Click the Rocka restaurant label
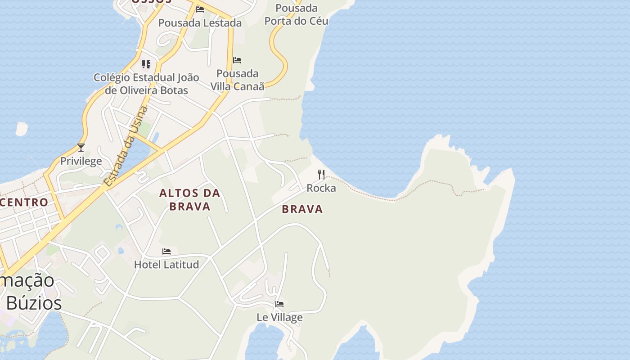coord(321,188)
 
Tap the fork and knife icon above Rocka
coord(321,175)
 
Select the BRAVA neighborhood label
coord(302,209)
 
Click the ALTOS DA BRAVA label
coord(190,200)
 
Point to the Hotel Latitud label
coord(166,265)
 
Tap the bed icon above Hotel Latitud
coord(166,251)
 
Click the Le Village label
coord(279,317)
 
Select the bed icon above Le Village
coord(279,304)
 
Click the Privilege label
coord(81,161)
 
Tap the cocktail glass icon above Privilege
coord(81,148)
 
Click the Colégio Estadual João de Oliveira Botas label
coord(146,84)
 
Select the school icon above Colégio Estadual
coord(146,64)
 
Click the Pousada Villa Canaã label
coord(237,80)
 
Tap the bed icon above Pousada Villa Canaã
coord(237,60)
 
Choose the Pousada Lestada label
coord(200,23)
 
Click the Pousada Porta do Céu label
coord(296,14)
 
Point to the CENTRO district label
coord(24,202)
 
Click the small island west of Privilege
coord(22,128)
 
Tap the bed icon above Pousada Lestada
coord(200,9)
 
